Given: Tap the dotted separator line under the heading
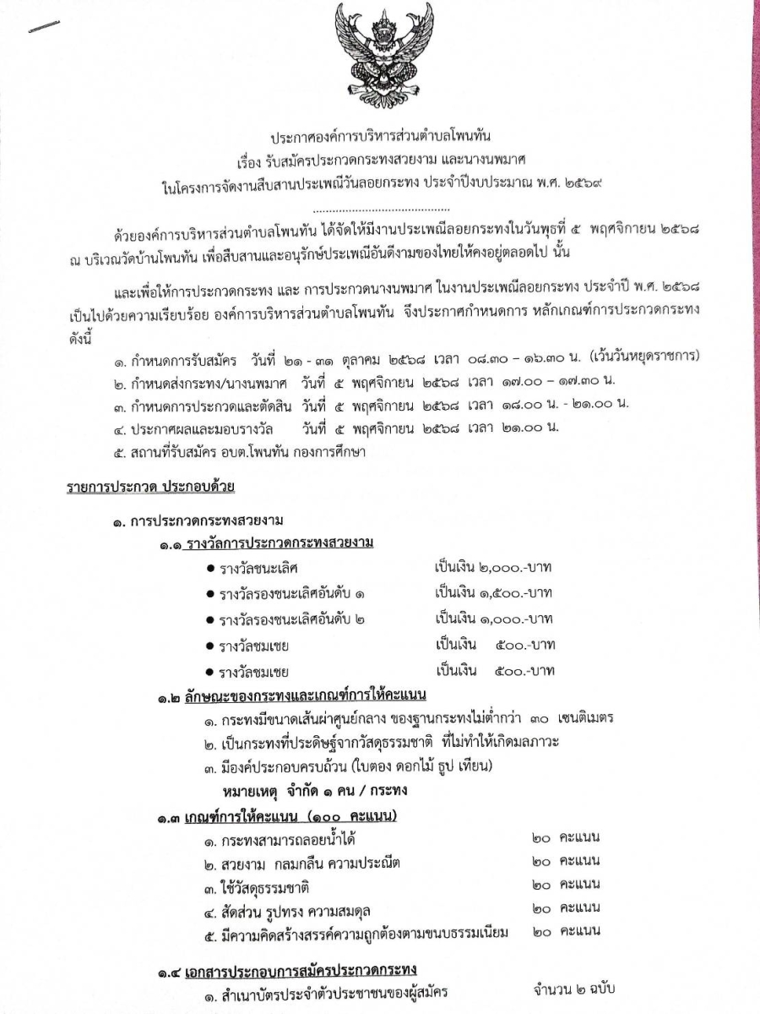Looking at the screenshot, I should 381,208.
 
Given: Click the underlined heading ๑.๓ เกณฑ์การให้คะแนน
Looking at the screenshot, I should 277,816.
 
